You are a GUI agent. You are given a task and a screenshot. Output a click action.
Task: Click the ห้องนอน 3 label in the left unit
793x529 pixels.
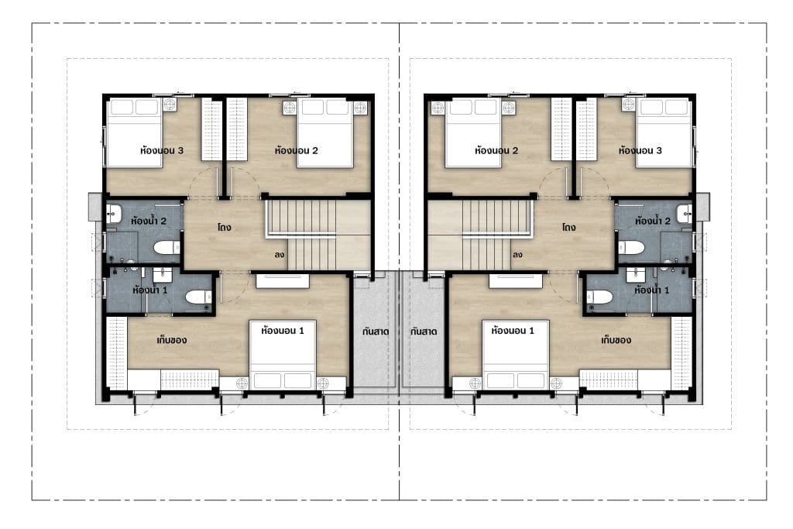coord(162,150)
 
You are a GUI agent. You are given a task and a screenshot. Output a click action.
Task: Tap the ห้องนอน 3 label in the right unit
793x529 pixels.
coord(640,150)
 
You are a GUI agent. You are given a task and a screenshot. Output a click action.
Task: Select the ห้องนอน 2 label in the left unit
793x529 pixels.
coord(296,150)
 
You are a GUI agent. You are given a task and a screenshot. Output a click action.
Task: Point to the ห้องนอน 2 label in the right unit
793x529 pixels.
coord(496,150)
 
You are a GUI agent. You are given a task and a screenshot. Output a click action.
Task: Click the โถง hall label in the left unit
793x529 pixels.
coord(225,228)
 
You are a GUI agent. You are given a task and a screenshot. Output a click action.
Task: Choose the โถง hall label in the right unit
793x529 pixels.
coord(569,228)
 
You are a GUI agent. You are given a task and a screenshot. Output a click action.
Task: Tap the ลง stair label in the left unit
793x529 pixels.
coord(279,255)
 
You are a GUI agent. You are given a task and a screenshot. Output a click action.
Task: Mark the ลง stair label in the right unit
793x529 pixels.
coord(517,255)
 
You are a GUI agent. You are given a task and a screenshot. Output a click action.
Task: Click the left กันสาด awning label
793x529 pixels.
coord(376,331)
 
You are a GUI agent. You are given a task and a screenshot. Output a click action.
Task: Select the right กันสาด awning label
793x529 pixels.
coord(424,331)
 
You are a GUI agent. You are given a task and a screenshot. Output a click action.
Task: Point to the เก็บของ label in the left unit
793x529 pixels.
coord(171,340)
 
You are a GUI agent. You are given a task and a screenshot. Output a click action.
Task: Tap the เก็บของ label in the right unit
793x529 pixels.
coord(616,340)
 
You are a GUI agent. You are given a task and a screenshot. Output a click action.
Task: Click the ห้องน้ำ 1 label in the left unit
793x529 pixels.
coord(149,290)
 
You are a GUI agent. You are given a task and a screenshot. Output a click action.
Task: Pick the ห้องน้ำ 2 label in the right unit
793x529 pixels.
coord(652,221)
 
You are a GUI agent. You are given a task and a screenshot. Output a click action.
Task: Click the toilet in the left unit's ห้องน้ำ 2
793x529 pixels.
coord(166,247)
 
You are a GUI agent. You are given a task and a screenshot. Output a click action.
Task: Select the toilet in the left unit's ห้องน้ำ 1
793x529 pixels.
coord(198,297)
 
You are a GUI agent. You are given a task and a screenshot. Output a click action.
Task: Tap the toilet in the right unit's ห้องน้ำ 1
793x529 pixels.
coord(599,297)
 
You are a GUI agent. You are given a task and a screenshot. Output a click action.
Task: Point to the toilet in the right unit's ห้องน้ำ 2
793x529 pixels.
coord(631,247)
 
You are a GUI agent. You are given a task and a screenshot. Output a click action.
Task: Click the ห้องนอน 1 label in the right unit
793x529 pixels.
coord(513,331)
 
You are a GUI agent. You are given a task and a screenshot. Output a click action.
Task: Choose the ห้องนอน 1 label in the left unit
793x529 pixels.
coord(282,331)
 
